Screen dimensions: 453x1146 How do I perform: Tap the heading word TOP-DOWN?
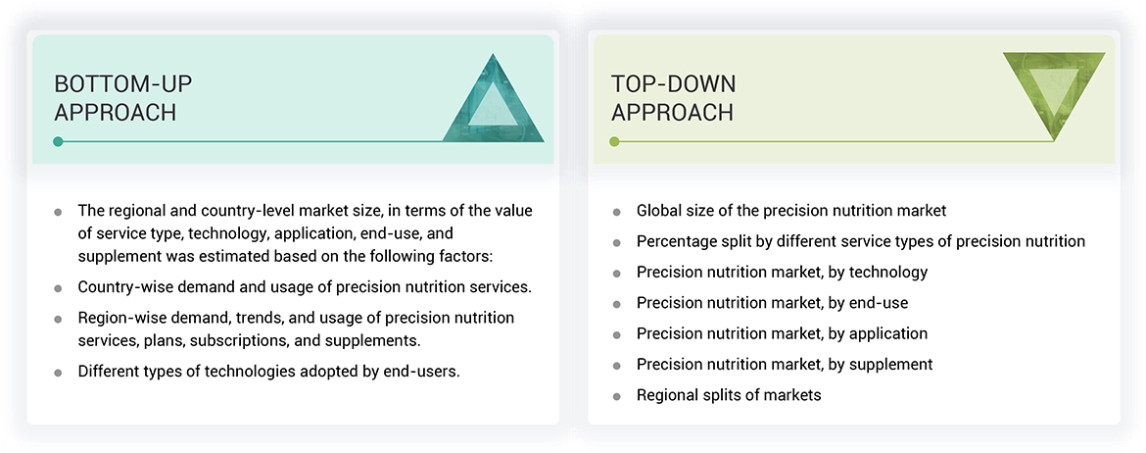[x=673, y=83]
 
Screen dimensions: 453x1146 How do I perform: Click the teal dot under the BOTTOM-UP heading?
[x=59, y=141]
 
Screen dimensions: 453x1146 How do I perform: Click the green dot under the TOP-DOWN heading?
[x=615, y=141]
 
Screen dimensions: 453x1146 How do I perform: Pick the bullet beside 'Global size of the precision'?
[x=616, y=212]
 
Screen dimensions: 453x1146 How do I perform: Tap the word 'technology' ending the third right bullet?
[x=887, y=272]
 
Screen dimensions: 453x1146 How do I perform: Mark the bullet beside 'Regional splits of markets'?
[x=616, y=396]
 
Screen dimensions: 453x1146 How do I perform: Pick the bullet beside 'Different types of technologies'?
[x=59, y=372]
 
